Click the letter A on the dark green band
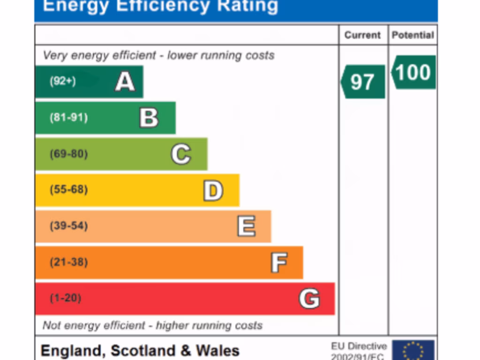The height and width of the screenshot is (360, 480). pos(125,82)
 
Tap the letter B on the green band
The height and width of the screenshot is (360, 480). pos(149,118)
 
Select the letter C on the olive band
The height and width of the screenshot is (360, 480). pos(181,154)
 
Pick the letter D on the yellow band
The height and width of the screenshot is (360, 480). pos(213,190)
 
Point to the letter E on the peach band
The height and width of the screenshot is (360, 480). pos(246,226)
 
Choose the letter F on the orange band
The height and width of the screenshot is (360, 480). pos(279,262)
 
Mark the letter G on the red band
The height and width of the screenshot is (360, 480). pos(309,299)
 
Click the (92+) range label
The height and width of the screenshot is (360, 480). pos(63,81)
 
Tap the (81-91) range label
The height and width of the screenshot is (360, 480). pos(68,117)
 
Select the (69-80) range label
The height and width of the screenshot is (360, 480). pos(68,154)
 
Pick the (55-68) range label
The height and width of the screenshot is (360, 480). pos(68,190)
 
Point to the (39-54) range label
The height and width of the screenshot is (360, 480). pos(68,226)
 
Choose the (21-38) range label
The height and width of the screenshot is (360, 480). pos(68,262)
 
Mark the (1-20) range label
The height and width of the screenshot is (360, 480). pos(65,298)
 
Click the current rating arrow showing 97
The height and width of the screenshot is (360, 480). pos(363,82)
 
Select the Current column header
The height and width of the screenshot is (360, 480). pos(363,35)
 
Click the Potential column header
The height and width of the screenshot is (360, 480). pos(413,35)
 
